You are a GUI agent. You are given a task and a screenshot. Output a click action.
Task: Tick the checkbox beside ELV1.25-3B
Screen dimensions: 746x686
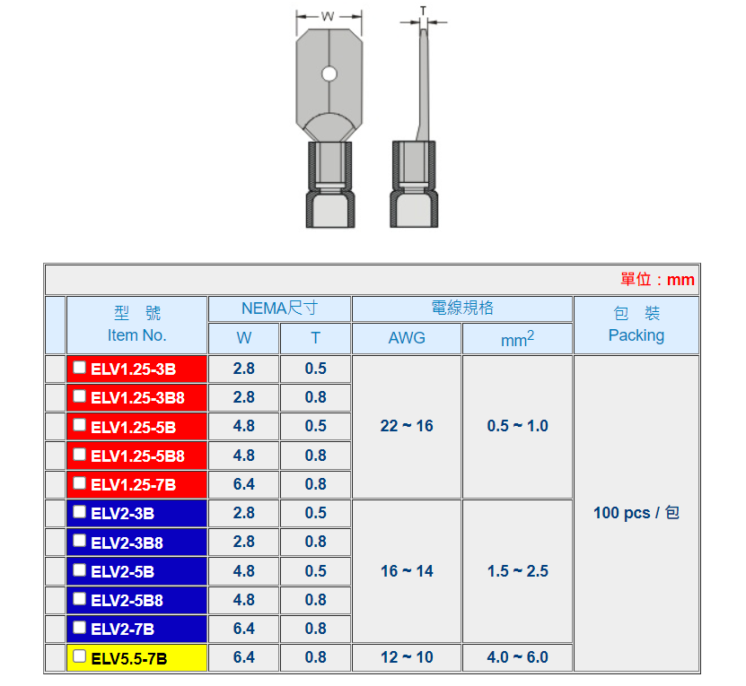79,368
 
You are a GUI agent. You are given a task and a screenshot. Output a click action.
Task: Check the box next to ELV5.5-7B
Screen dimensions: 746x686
79,656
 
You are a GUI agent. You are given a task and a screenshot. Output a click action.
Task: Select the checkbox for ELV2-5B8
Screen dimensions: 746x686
79,598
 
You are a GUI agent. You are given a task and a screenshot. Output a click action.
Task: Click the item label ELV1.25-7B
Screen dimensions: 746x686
133,485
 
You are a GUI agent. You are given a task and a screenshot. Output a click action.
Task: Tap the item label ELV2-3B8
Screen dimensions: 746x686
127,543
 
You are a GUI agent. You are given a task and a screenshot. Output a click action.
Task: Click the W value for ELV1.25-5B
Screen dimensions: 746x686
243,426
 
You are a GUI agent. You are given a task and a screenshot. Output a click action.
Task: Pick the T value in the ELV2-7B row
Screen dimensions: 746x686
315,629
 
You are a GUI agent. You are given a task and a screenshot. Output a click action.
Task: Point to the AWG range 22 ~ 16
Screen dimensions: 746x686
407,426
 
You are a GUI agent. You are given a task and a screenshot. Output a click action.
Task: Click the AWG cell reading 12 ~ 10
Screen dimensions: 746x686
407,657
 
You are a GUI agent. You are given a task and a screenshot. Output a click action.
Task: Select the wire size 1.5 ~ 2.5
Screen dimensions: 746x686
517,571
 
